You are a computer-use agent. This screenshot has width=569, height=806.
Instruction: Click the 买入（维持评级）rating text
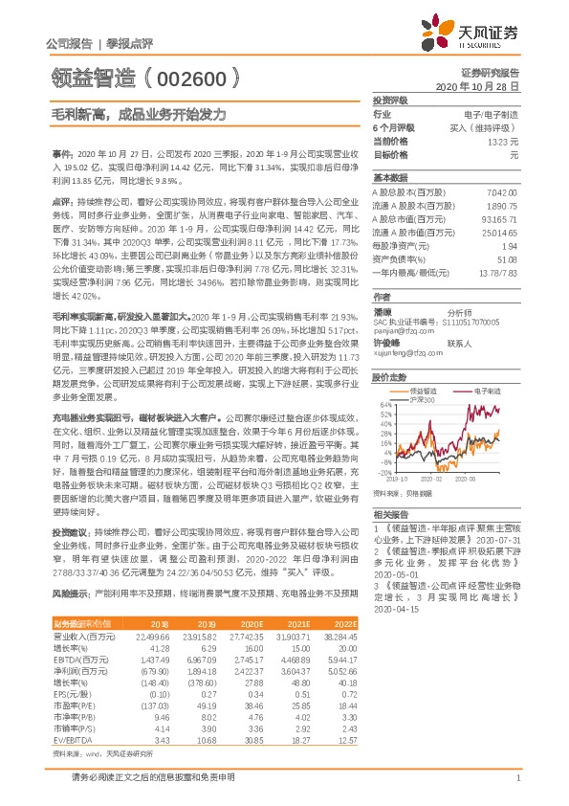click(x=489, y=126)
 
